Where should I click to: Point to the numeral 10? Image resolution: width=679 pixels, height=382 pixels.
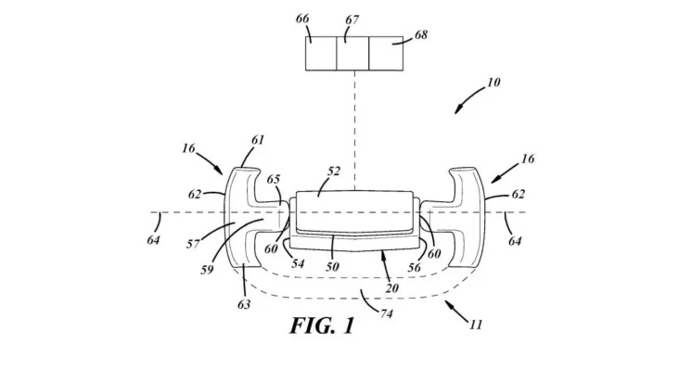click(493, 83)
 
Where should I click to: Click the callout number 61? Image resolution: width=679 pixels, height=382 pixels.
click(258, 140)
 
